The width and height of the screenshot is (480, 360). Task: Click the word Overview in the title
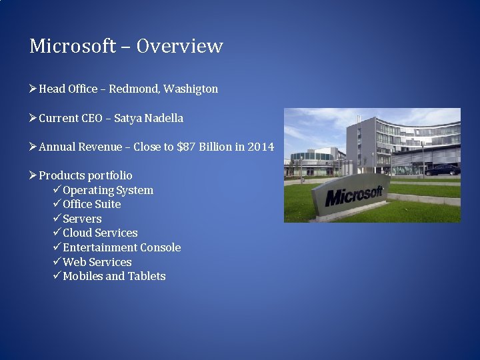(x=180, y=46)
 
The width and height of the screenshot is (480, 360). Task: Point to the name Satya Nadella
(x=148, y=118)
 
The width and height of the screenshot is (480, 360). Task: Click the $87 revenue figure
(x=187, y=147)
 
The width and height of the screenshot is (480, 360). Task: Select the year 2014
(x=261, y=147)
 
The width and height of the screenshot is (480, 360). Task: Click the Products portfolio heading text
(x=85, y=175)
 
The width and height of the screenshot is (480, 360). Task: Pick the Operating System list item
(x=108, y=190)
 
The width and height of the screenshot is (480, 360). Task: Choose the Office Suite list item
(x=92, y=204)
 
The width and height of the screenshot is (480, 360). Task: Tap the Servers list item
(x=82, y=219)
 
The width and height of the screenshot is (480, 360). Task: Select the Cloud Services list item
(x=100, y=233)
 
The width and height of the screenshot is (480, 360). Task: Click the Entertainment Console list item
(x=121, y=247)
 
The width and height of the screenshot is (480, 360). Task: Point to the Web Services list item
(x=97, y=262)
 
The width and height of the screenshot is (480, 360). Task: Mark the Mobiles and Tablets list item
(x=114, y=276)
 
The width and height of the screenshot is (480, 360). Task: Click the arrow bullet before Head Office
(x=33, y=89)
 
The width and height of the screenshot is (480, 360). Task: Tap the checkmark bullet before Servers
(x=57, y=219)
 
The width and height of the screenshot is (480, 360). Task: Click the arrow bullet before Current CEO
(x=33, y=118)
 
